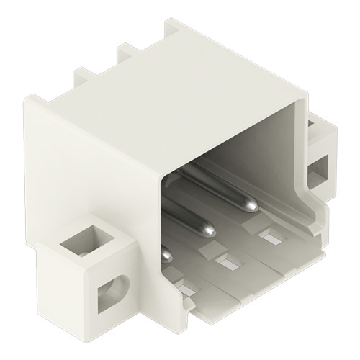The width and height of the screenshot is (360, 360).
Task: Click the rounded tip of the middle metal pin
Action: tap(208, 230)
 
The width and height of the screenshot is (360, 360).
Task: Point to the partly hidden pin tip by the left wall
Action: tap(167, 253)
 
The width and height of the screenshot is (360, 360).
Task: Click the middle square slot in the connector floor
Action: tap(225, 262)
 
